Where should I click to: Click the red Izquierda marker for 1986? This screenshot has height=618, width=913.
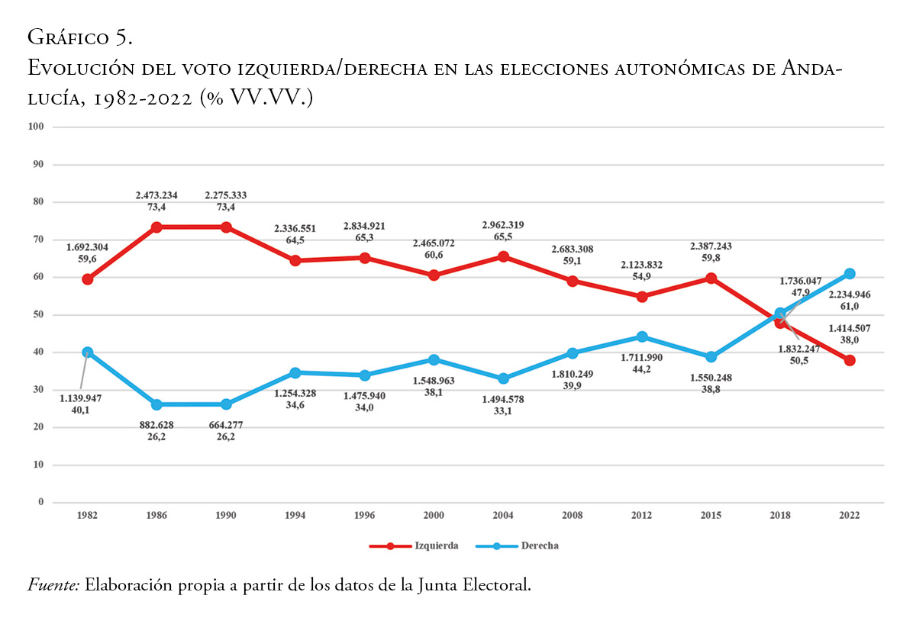[156, 227]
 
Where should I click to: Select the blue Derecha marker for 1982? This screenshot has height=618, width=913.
[88, 352]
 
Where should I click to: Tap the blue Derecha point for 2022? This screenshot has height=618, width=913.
[850, 274]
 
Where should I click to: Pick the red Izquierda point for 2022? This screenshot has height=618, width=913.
[850, 360]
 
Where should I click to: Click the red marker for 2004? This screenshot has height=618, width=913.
[503, 256]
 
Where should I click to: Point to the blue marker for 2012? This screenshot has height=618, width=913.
[642, 336]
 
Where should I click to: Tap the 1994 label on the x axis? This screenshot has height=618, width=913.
[295, 516]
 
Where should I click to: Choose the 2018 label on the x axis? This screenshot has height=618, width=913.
[780, 516]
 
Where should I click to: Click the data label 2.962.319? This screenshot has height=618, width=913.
[502, 225]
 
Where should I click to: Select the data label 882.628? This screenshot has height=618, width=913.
[156, 426]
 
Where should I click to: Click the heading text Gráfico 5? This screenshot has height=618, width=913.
[80, 36]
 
